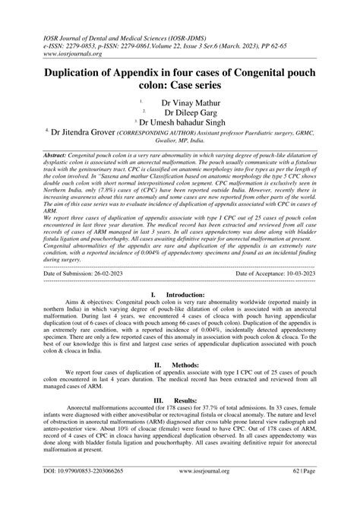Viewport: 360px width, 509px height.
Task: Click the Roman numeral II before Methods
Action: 156,364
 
